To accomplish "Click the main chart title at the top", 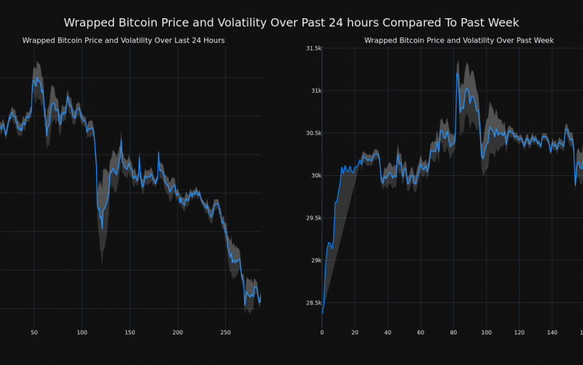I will (291, 23).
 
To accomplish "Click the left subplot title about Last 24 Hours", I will (123, 40).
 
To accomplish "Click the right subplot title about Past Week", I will (459, 40).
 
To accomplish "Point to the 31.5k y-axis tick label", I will (314, 48).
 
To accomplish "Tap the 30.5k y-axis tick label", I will (314, 133).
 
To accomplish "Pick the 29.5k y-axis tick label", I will (314, 218).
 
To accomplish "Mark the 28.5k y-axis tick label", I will (314, 302).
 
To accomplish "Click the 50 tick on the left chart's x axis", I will (34, 332).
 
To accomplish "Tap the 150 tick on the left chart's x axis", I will (130, 332).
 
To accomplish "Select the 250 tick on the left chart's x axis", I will (225, 332).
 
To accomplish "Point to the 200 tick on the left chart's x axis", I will (177, 332).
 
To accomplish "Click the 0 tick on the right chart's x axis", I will (322, 332).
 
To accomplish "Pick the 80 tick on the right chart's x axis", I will (453, 332).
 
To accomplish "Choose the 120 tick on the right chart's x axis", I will (519, 332).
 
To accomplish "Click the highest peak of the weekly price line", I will (458, 73).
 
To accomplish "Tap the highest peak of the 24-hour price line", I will (35, 78).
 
